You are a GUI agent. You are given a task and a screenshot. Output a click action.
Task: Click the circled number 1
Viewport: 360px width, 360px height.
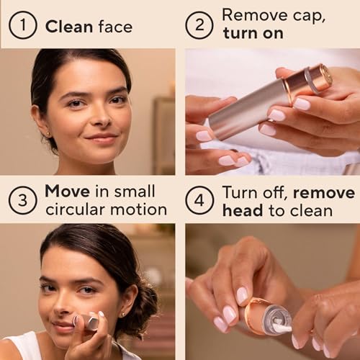[x=22, y=26]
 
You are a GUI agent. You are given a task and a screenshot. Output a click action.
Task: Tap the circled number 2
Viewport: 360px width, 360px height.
[x=199, y=26]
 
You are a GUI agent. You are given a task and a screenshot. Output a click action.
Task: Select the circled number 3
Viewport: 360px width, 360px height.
[x=22, y=200]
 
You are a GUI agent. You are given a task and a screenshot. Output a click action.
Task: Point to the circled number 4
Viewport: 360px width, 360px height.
[x=199, y=200]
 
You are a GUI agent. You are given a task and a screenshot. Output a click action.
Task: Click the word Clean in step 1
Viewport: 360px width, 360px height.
[x=69, y=27]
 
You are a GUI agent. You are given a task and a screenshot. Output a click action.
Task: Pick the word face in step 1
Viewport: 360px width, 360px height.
[x=114, y=27]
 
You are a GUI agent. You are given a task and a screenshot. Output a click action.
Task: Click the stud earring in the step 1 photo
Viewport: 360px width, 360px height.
[x=49, y=134]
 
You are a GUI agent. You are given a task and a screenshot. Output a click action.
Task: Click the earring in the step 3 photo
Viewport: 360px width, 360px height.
[x=122, y=315]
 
